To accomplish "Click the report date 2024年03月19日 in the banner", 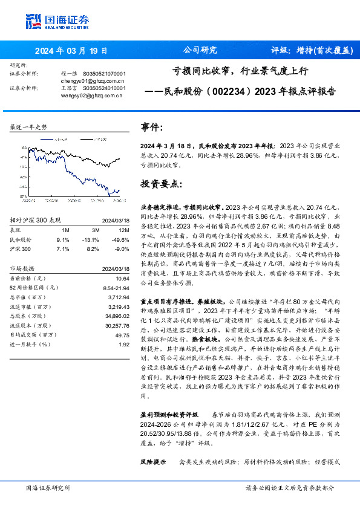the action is [x=71, y=51].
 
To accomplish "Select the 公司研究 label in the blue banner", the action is [x=200, y=51].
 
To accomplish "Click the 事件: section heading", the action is [x=152, y=128].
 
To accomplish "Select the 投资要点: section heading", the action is [x=160, y=183].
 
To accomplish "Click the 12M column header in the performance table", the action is [x=124, y=230].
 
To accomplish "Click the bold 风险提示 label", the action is [x=152, y=462].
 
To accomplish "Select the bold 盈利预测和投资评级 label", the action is [x=169, y=415].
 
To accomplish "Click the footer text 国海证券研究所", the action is [x=48, y=487].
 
